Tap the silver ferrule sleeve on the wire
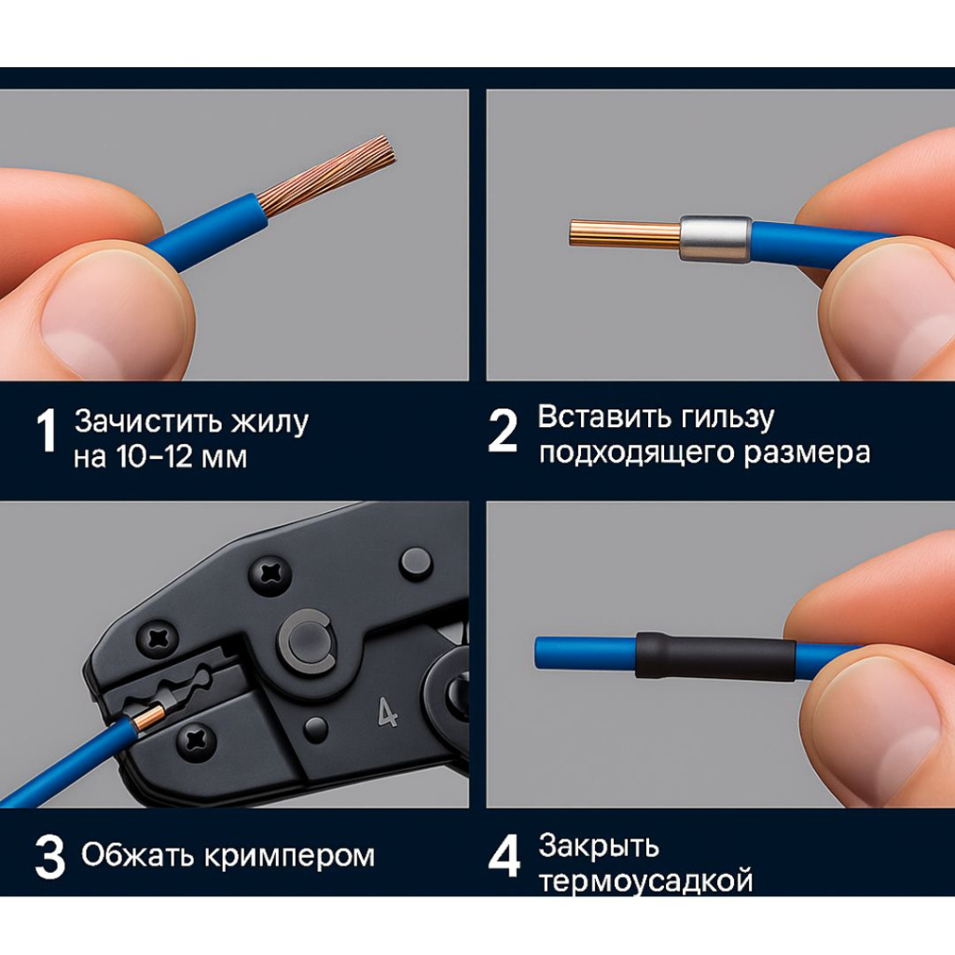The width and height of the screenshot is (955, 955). (x=715, y=239)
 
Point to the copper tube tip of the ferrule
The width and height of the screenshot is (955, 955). (x=623, y=233)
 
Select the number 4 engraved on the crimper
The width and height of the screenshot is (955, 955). (x=388, y=712)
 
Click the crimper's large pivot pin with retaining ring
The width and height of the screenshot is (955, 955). (x=306, y=643)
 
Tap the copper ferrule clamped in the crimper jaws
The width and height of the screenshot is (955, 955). (x=149, y=716)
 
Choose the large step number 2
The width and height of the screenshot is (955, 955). (x=503, y=432)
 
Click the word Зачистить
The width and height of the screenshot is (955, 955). (x=145, y=422)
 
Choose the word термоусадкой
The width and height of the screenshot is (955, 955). (x=645, y=881)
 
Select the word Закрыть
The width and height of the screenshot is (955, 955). (x=599, y=846)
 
